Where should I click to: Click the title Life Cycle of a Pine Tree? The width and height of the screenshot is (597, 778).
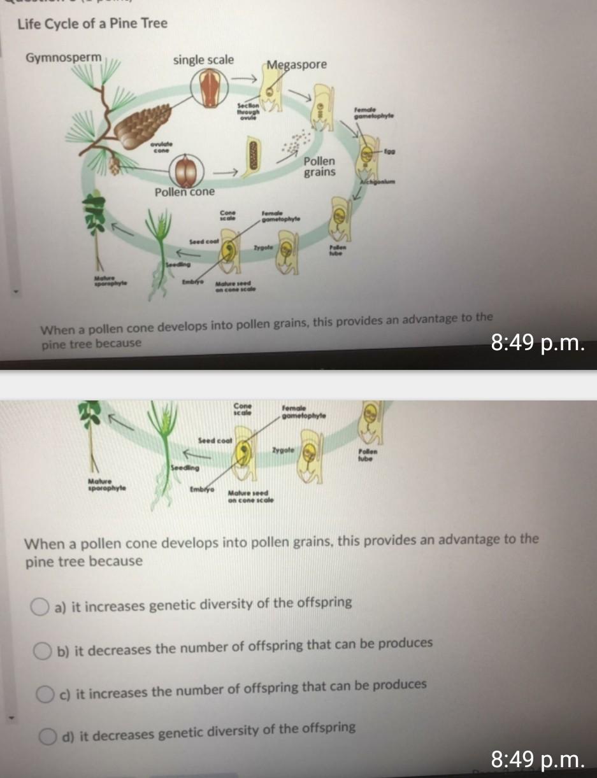click(x=92, y=24)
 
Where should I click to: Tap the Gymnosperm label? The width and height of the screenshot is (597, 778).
click(x=63, y=58)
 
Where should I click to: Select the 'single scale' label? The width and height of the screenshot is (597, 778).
click(x=203, y=60)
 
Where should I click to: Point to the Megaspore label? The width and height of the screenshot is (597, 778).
click(x=296, y=64)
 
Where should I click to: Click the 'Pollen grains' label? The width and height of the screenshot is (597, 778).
click(x=319, y=166)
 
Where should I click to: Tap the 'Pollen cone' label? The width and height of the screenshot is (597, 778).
click(x=185, y=192)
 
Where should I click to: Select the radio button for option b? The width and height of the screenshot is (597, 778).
click(x=43, y=651)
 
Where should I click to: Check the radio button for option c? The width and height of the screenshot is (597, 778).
click(x=45, y=693)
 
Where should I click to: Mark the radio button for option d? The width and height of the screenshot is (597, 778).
click(x=47, y=737)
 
